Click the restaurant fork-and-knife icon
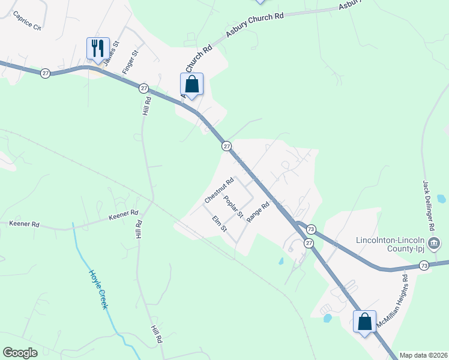pos(98,47)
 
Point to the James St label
pos(112,53)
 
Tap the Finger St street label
pos(130,62)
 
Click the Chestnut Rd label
pos(218,190)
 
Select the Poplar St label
pos(232,206)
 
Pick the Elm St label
pos(220,224)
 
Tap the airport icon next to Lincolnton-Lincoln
pos(435,243)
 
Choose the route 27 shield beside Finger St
pos(143,88)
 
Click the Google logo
pos(20,353)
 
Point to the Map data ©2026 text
pos(423,355)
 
